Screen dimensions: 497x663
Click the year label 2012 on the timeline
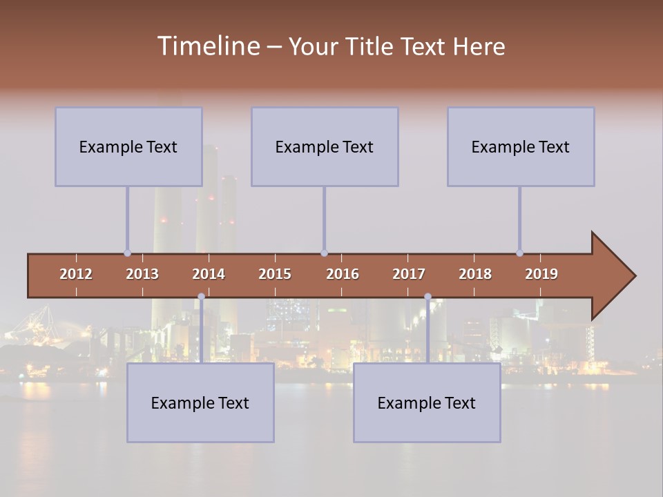[76, 274]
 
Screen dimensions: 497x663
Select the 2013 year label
[142, 274]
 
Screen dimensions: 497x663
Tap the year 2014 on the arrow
[209, 274]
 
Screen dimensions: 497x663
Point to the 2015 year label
[275, 274]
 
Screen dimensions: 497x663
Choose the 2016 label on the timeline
[343, 274]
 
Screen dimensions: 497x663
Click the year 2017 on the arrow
[409, 274]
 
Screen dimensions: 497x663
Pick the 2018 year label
[475, 274]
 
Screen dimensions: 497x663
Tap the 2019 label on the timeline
[541, 274]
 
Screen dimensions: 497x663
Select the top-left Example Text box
[128, 146]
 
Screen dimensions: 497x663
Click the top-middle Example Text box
[325, 146]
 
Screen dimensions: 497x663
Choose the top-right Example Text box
[521, 146]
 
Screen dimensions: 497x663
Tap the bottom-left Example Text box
[200, 402]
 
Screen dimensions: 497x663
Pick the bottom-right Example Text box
[427, 402]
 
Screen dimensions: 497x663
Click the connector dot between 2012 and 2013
[127, 253]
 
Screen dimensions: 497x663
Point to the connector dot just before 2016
[324, 253]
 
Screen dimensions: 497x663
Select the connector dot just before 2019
[519, 253]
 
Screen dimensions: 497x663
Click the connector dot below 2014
[201, 296]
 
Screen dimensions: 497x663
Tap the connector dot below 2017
[427, 296]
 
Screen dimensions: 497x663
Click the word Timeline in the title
[208, 46]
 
